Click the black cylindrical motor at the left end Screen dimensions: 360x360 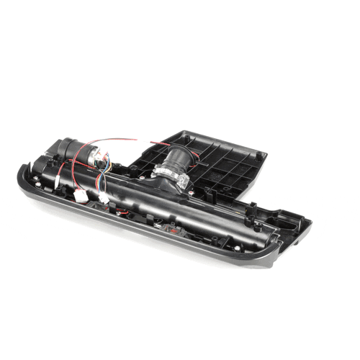(65, 148)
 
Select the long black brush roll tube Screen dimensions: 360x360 (187, 209)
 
